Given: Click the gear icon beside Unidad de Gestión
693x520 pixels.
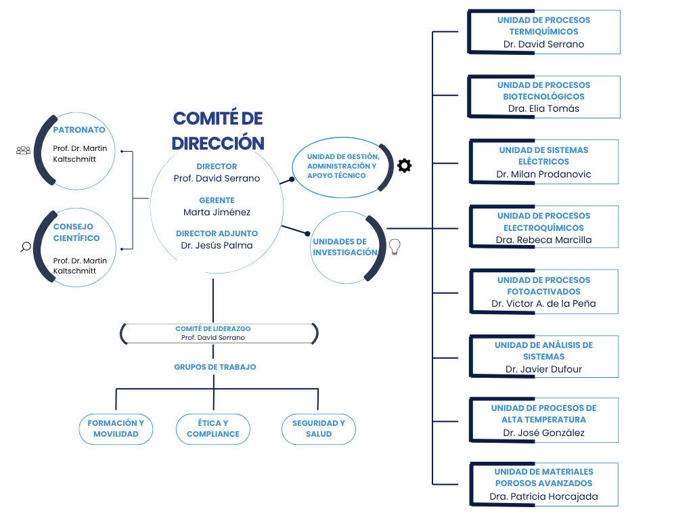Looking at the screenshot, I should click(404, 165).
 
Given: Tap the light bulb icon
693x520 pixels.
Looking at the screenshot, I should click(395, 247).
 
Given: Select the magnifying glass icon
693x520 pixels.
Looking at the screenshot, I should click(26, 247).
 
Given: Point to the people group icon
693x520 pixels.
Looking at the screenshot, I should click(23, 150).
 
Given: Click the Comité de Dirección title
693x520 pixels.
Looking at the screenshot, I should click(218, 131).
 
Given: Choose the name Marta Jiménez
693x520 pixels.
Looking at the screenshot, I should click(217, 212).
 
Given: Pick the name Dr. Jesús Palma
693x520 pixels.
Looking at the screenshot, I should click(217, 245).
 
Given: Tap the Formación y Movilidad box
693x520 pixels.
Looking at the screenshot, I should click(116, 429).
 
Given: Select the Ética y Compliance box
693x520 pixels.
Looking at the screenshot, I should click(213, 429).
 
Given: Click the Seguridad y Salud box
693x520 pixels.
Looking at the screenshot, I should click(318, 429).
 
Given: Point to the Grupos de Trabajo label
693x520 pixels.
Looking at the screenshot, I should click(215, 367).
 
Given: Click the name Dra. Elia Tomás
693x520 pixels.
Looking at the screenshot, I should click(543, 108).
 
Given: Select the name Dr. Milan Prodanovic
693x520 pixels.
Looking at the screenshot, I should click(543, 174).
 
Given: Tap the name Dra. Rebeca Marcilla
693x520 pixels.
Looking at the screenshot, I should click(543, 240).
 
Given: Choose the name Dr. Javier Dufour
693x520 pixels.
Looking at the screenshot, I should click(543, 369).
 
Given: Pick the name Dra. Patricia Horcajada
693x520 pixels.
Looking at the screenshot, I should click(543, 496).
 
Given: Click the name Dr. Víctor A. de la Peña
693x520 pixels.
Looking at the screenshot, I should click(543, 303).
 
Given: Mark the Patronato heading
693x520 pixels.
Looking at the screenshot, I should click(79, 130).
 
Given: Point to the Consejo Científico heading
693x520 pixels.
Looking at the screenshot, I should click(76, 232).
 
